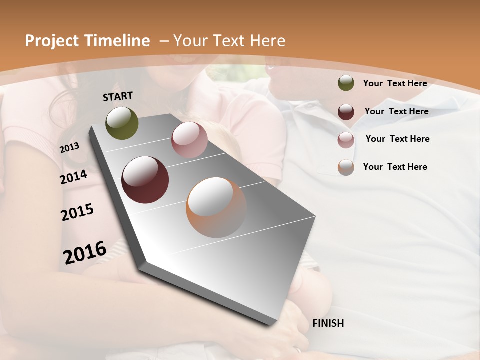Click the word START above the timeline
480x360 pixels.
(118, 96)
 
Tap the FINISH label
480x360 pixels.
(328, 323)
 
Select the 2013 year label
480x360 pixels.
(70, 148)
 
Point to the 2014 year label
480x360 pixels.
(74, 177)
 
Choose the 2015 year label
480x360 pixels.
(77, 212)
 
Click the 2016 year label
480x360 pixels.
(85, 252)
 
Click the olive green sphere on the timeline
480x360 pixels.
(122, 123)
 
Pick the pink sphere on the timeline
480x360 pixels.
(189, 140)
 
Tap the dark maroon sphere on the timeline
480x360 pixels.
(145, 180)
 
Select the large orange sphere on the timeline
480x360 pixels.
(216, 207)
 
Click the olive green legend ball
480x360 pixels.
(346, 83)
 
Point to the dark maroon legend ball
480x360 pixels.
(346, 112)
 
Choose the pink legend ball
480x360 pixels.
(346, 140)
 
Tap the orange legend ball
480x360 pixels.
(346, 167)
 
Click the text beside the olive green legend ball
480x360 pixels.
(395, 84)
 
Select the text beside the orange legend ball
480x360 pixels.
(395, 167)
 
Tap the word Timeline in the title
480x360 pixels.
(118, 41)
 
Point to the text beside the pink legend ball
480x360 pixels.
(397, 139)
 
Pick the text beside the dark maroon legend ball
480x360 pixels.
(396, 111)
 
